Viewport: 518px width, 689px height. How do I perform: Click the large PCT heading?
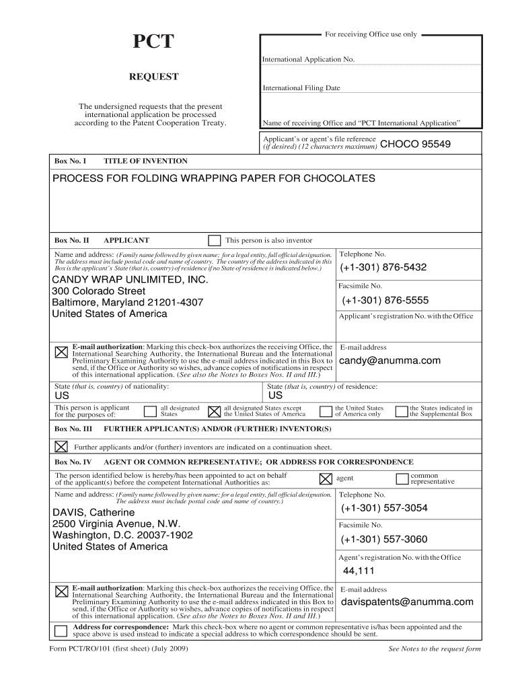153,43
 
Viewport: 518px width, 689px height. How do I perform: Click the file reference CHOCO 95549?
416,144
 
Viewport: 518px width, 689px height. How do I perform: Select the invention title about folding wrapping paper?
214,179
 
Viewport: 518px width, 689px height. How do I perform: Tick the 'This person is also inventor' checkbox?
214,240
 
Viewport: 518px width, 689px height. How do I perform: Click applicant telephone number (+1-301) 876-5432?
384,267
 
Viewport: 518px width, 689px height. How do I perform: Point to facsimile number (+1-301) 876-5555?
385,300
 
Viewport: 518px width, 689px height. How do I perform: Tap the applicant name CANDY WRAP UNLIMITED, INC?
131,279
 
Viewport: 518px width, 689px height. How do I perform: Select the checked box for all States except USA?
215,411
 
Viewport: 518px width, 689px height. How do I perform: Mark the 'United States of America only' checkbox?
326,411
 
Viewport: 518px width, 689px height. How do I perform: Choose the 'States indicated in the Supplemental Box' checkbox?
402,411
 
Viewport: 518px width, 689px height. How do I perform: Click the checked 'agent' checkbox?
325,478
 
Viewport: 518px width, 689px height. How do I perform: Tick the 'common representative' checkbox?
402,478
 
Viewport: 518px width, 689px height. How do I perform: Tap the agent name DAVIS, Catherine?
94,513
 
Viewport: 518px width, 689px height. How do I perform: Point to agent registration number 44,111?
359,571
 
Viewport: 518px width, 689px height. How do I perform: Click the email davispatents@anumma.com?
407,602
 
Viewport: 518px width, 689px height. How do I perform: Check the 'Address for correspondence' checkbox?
61,630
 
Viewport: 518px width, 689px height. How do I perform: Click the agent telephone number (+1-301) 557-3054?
384,508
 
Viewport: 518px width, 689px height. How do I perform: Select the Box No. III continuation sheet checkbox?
61,446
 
